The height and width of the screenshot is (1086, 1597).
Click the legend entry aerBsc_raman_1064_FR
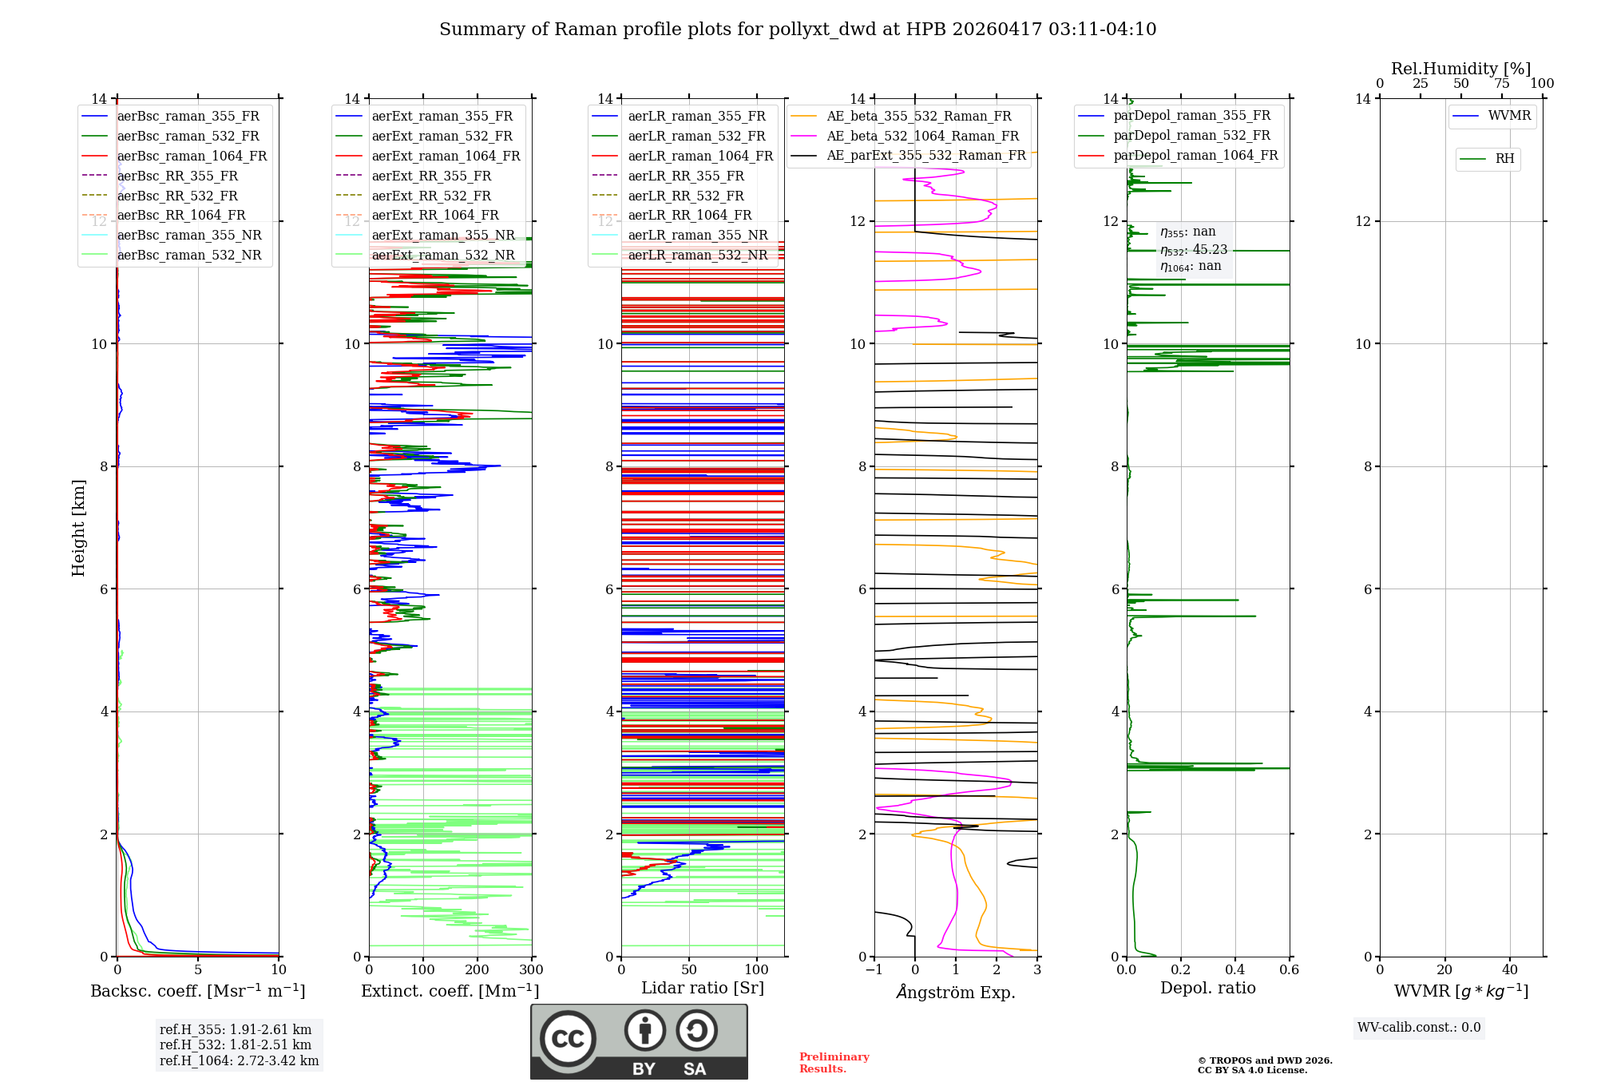tap(192, 157)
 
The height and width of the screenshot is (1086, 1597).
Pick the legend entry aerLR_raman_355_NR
tap(697, 236)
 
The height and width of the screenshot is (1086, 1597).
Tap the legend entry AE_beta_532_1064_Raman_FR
tap(922, 137)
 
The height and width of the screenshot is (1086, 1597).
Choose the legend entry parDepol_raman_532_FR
tap(1191, 136)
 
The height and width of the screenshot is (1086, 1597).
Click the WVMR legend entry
tap(1509, 116)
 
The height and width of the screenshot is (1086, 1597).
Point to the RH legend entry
tap(1504, 159)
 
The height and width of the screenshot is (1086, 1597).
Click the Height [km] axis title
tap(78, 528)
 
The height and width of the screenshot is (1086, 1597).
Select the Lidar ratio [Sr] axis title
tap(702, 988)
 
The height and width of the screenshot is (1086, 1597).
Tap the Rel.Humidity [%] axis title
tap(1460, 69)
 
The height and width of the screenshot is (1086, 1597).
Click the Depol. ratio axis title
tap(1207, 988)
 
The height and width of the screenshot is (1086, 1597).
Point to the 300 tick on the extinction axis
tap(532, 970)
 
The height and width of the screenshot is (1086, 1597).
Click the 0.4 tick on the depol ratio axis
tap(1235, 970)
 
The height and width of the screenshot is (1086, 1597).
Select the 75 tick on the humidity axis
tap(1502, 84)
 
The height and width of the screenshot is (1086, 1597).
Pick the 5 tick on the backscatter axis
tap(198, 970)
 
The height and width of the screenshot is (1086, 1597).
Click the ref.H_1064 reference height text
tap(239, 1061)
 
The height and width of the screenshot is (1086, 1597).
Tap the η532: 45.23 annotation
tap(1194, 250)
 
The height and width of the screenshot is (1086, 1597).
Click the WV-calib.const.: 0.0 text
tap(1419, 1028)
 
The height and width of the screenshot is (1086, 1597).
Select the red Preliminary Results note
tap(834, 1063)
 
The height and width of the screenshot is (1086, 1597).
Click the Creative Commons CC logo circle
tap(568, 1039)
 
